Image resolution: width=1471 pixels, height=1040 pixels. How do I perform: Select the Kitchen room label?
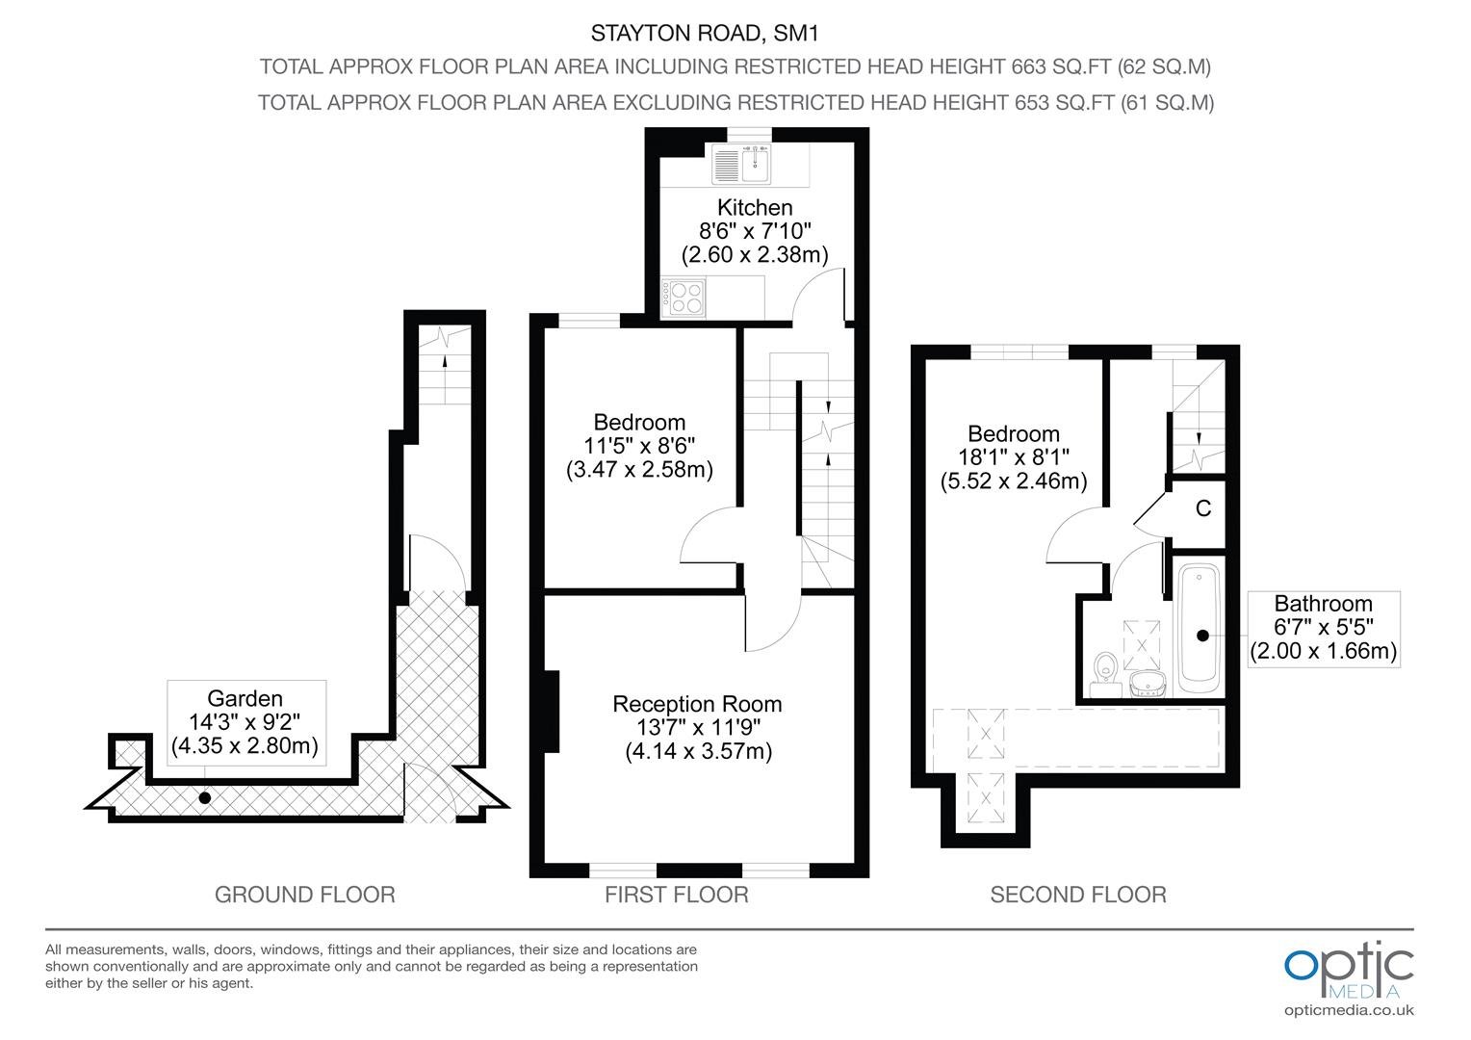coord(755,208)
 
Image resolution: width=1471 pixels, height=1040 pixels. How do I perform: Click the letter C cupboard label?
coord(1203,507)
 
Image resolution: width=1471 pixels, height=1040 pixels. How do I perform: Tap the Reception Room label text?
coord(697,704)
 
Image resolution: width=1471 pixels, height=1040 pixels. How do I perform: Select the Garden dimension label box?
coord(246,722)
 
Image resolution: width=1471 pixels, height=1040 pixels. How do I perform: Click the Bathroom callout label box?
coord(1324,629)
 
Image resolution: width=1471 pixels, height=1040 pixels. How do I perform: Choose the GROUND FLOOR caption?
coord(305,895)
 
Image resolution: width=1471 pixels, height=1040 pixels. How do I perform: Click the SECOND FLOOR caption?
coord(1078,895)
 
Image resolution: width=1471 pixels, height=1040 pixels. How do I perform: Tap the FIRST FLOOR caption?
coord(677,895)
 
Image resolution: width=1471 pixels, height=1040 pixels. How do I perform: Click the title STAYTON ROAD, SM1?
coord(705,33)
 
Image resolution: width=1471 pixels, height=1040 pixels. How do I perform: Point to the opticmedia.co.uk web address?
coord(1349,1010)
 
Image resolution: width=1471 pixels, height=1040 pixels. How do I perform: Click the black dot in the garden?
coord(205,797)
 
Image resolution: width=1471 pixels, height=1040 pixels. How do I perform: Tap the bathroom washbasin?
coord(1148,684)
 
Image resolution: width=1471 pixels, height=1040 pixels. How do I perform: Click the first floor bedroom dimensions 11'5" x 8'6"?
coord(639,446)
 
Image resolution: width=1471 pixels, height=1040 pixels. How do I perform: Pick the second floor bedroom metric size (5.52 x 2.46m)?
coord(1014,481)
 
